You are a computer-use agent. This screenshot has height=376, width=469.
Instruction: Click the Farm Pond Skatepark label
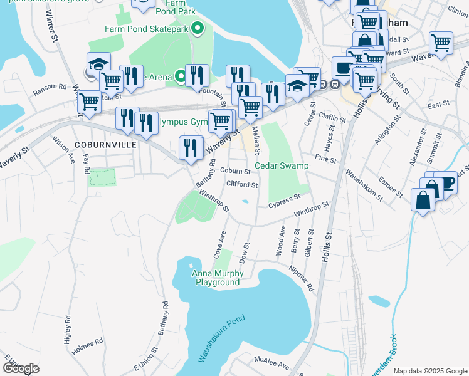click(147, 29)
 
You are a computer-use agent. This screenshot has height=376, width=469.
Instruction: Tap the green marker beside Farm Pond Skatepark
click(198, 28)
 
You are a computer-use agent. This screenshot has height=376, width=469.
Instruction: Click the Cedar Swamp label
click(282, 166)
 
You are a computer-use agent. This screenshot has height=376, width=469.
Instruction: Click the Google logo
click(21, 368)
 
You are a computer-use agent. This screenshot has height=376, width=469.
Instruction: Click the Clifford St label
click(242, 185)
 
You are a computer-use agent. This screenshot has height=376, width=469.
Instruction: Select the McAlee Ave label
click(271, 363)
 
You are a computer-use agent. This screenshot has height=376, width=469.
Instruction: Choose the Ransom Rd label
click(50, 87)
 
